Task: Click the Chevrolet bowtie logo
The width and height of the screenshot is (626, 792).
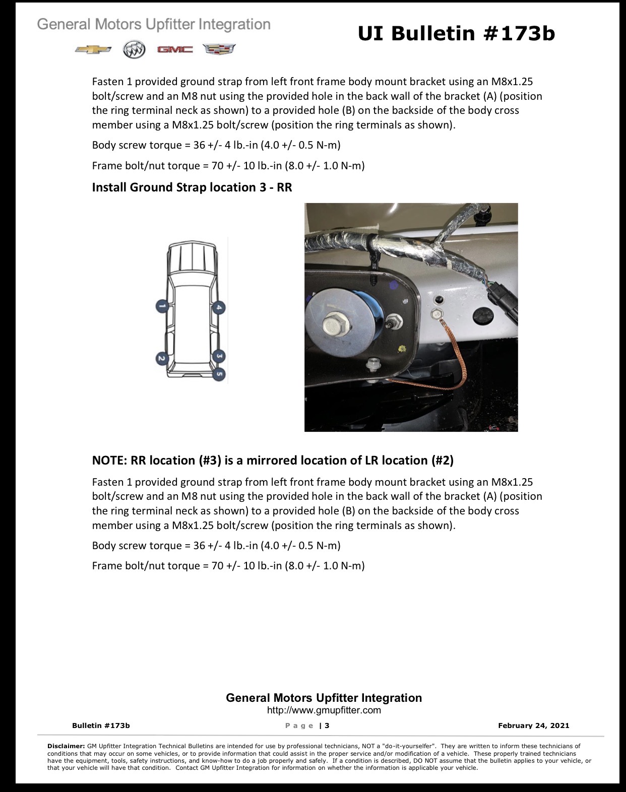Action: click(x=93, y=49)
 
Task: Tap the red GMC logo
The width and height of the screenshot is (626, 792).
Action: click(x=175, y=49)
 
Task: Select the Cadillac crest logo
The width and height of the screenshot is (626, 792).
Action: click(x=219, y=49)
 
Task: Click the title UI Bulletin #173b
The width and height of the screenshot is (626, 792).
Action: click(x=456, y=33)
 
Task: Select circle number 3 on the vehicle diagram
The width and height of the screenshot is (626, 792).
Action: click(x=219, y=356)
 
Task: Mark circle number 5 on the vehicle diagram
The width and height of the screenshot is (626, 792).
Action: click(x=219, y=374)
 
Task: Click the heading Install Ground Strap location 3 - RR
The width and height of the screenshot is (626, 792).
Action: click(x=192, y=187)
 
